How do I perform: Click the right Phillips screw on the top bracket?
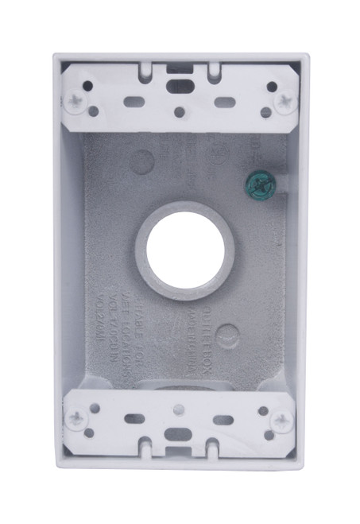[x=284, y=101]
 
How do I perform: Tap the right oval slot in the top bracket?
[x=225, y=100]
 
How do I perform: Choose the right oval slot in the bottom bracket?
[x=225, y=419]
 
